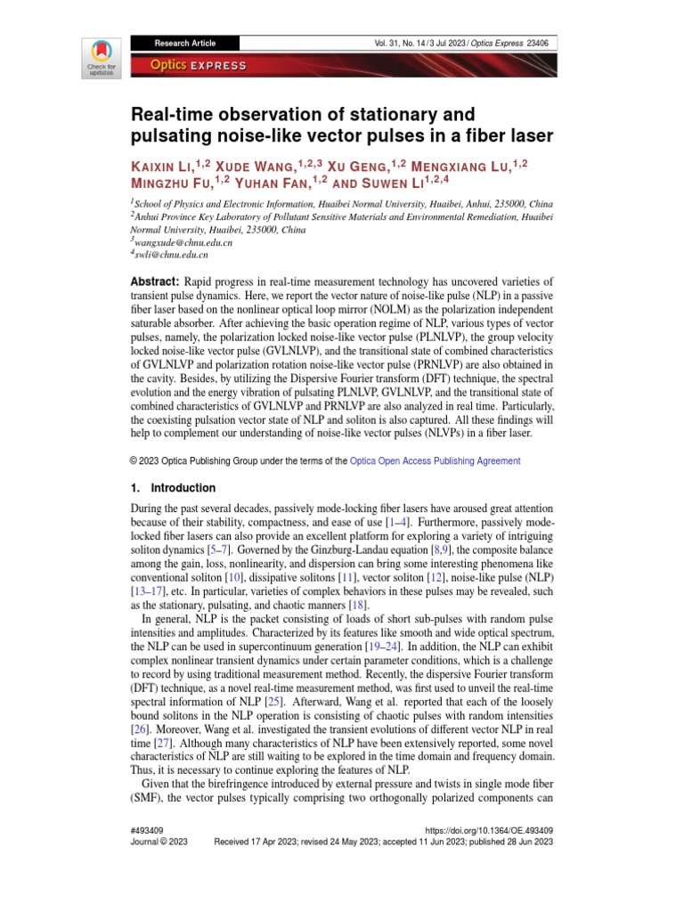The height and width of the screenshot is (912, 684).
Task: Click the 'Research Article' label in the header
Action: pos(184,43)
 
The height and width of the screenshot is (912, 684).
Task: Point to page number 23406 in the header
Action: pos(537,43)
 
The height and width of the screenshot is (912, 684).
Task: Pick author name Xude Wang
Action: pos(259,166)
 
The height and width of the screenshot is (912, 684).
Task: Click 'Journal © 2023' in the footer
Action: pos(159,841)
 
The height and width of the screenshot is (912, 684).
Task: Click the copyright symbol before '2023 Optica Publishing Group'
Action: pos(134,461)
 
